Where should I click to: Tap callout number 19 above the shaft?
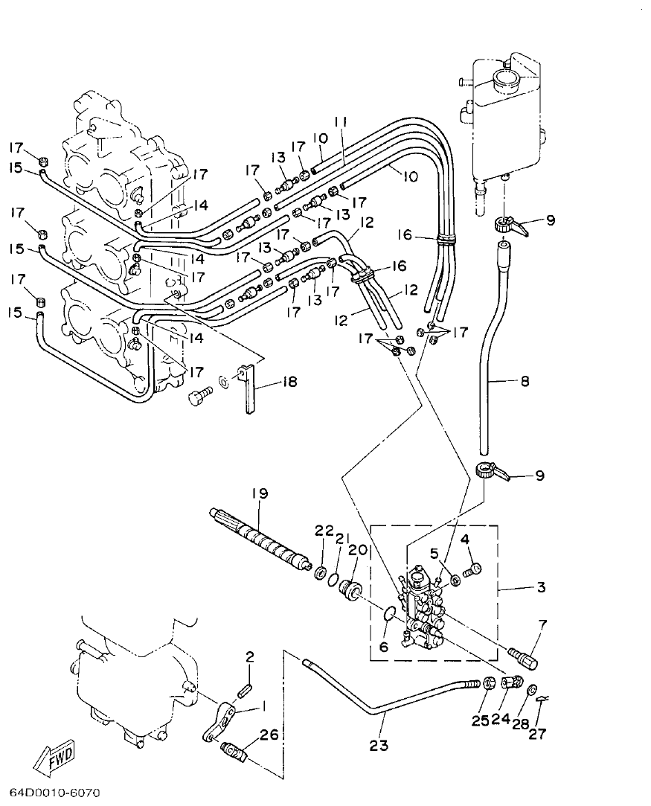260,493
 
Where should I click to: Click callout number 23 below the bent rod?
379,745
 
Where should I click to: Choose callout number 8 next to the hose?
525,383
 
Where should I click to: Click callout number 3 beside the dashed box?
540,587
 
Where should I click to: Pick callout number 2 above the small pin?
250,656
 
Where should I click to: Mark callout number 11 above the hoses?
341,122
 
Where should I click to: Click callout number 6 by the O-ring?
384,647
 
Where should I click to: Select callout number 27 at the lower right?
537,734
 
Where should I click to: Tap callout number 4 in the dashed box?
464,538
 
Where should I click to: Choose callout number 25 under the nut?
480,720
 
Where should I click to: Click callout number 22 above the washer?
321,530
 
